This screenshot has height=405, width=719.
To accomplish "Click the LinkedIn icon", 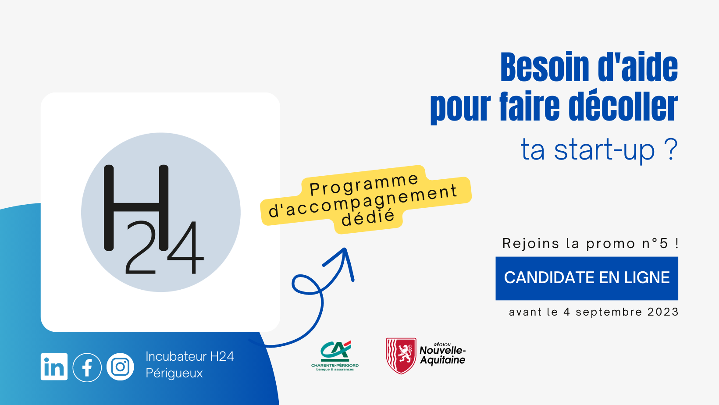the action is (54, 367).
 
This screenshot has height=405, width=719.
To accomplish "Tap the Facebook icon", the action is (87, 367).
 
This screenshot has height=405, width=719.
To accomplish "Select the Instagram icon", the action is (120, 367).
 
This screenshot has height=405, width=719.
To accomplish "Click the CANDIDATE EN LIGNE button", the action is (587, 278).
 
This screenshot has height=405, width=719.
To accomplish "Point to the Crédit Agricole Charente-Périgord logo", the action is (335, 355).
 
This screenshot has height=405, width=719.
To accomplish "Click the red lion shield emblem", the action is (401, 355).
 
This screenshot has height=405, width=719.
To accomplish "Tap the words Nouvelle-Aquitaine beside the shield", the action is (443, 355).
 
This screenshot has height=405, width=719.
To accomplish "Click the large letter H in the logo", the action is (136, 208).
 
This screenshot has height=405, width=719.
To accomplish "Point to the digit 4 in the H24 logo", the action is (185, 248).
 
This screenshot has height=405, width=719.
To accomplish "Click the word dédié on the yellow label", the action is (368, 218).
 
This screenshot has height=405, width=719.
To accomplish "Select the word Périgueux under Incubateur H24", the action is (174, 373).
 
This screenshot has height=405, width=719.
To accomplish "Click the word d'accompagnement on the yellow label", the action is (363, 202).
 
